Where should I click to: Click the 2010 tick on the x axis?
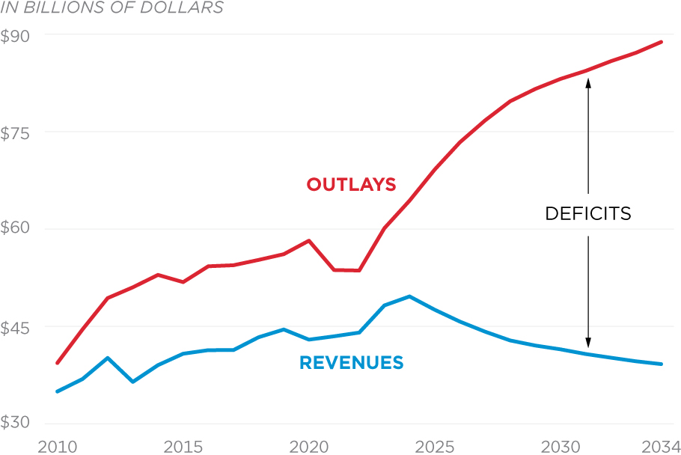tap(58, 445)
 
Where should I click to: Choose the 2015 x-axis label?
tap(183, 445)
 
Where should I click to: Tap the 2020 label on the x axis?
tap(308, 445)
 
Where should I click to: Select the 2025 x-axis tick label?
tap(435, 445)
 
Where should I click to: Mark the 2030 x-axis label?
tap(561, 445)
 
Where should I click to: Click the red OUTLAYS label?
tap(351, 184)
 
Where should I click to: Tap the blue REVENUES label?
tap(351, 364)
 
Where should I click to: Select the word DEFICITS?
tap(588, 214)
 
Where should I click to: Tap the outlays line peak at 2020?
tap(308, 241)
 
